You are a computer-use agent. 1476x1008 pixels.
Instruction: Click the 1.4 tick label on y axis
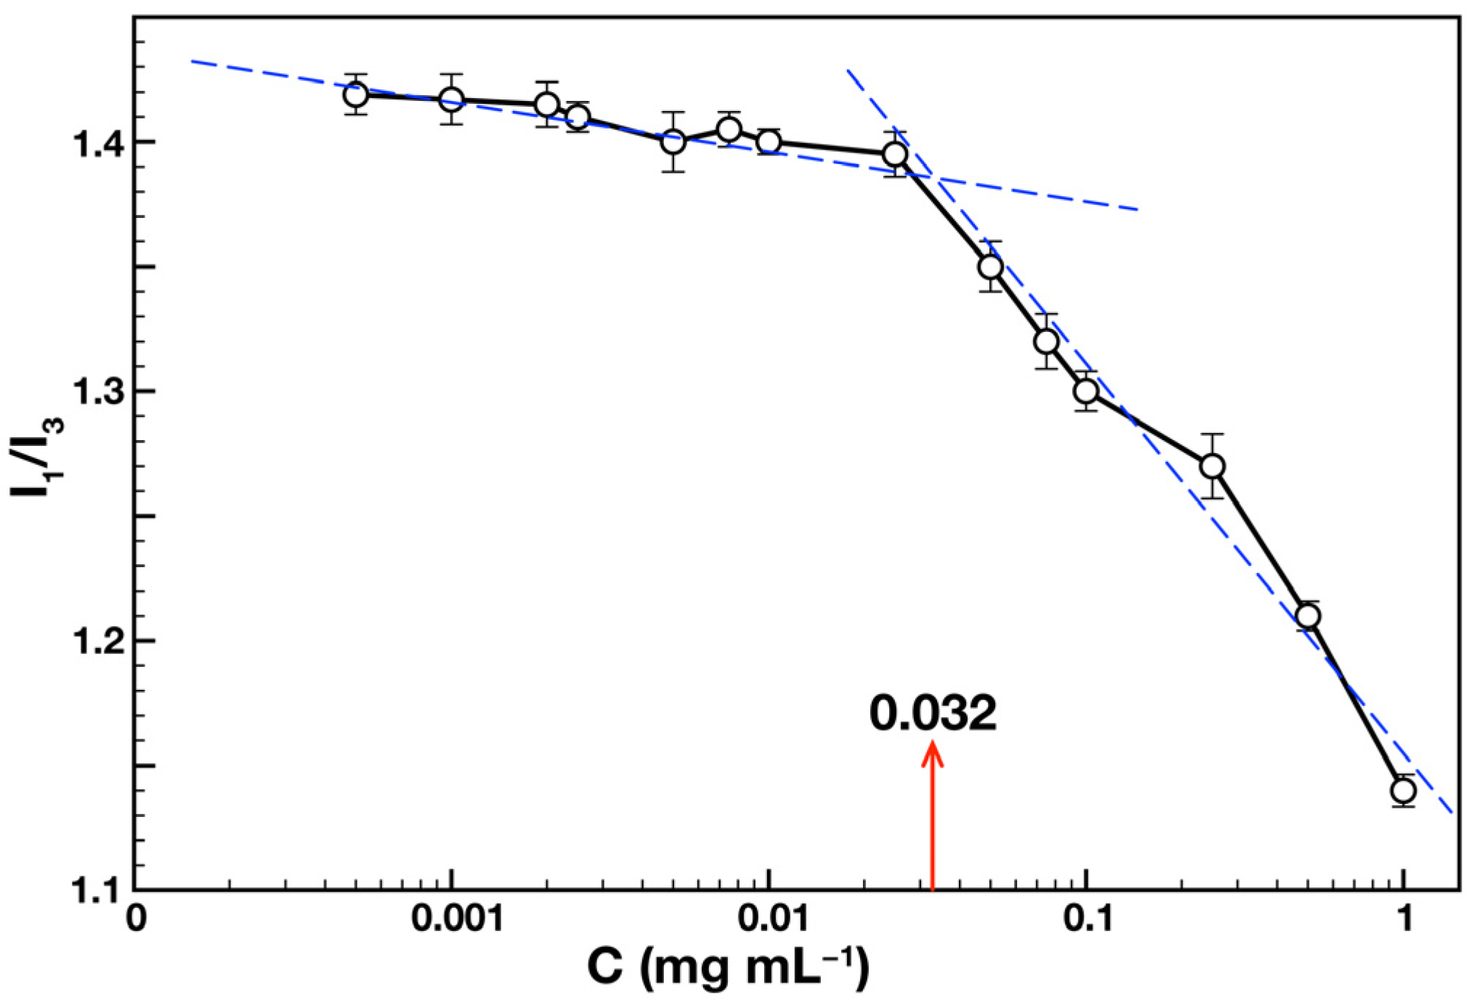[x=95, y=143]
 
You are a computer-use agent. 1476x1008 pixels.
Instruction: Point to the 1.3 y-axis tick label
[x=95, y=392]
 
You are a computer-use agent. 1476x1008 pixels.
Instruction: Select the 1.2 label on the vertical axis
[x=95, y=641]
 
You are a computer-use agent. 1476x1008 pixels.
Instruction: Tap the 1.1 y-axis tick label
[x=95, y=890]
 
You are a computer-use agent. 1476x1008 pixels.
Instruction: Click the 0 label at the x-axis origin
[x=136, y=919]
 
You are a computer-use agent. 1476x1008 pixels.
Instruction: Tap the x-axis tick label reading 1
[x=1405, y=919]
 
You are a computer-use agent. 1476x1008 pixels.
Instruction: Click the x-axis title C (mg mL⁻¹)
[x=728, y=970]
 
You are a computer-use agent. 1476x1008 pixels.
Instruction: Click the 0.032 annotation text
[x=933, y=714]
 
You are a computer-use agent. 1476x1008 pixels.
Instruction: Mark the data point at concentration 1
[x=1403, y=790]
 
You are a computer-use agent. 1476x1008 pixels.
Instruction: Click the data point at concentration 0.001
[x=451, y=99]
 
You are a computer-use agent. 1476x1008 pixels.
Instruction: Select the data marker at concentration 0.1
[x=1086, y=391]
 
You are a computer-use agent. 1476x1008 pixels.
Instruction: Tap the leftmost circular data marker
[x=355, y=94]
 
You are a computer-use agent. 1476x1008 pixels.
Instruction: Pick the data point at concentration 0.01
[x=769, y=141]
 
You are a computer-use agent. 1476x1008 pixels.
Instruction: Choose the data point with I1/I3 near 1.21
[x=1307, y=617]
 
